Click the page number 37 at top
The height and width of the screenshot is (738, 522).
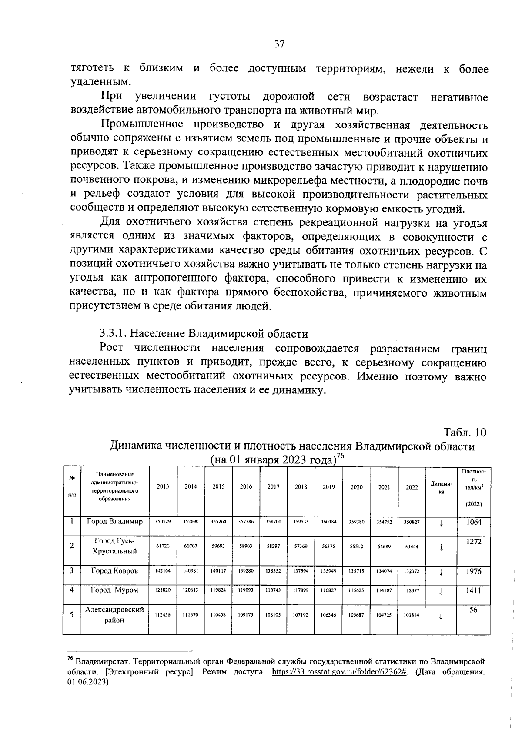pyautogui.click(x=279, y=44)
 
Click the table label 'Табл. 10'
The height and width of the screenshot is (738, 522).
pyautogui.click(x=464, y=433)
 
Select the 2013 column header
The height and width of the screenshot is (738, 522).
pyautogui.click(x=163, y=487)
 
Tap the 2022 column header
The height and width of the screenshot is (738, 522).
pyautogui.click(x=412, y=487)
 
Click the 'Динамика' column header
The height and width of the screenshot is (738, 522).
pyautogui.click(x=441, y=487)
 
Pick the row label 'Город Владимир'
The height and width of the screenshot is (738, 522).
pyautogui.click(x=115, y=521)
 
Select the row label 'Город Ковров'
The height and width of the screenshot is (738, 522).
pyautogui.click(x=115, y=570)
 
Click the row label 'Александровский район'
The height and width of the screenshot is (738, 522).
pyautogui.click(x=115, y=615)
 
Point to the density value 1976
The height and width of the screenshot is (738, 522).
pyautogui.click(x=474, y=571)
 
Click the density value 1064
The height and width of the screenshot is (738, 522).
pyautogui.click(x=474, y=522)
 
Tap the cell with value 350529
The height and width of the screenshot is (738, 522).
pyautogui.click(x=163, y=521)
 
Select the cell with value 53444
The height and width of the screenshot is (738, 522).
pyautogui.click(x=412, y=547)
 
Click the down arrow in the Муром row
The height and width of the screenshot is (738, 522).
pyautogui.click(x=441, y=591)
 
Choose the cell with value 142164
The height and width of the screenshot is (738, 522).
pyautogui.click(x=163, y=571)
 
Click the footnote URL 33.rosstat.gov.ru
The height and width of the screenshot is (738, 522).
pyautogui.click(x=339, y=671)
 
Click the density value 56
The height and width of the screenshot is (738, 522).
pyautogui.click(x=474, y=610)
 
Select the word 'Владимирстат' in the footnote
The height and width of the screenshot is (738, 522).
pyautogui.click(x=101, y=661)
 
